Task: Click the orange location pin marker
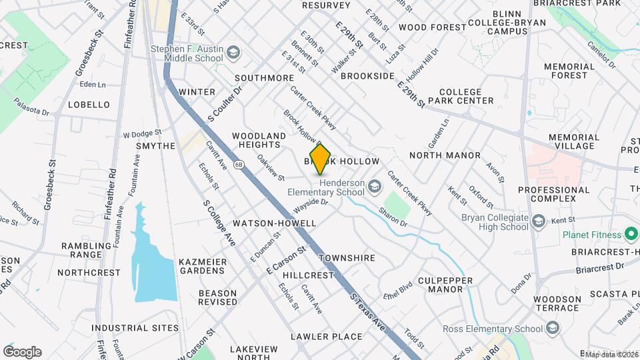click(x=320, y=159)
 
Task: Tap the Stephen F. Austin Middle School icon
click(x=233, y=51)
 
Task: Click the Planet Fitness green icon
click(x=630, y=234)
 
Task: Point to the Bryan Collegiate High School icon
click(x=537, y=221)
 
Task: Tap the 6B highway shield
click(x=239, y=163)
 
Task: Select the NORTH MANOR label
click(x=445, y=155)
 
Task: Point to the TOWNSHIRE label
click(x=347, y=258)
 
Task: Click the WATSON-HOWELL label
click(x=275, y=223)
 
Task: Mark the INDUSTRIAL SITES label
click(x=135, y=328)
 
